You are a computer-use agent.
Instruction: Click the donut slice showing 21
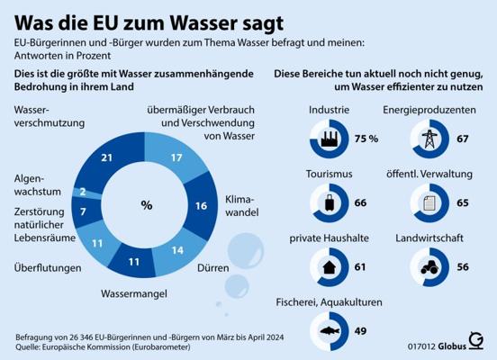click(x=107, y=157)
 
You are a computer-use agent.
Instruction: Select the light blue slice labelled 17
click(x=176, y=157)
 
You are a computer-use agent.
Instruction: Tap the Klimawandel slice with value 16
click(x=201, y=206)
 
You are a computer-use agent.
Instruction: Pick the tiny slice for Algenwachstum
click(x=83, y=192)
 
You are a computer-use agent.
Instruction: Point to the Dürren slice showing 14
click(x=177, y=250)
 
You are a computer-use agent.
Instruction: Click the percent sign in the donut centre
click(x=147, y=205)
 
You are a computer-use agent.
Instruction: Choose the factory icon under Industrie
click(x=330, y=139)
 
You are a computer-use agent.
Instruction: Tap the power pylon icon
click(x=429, y=139)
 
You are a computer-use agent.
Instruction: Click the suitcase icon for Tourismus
click(x=330, y=202)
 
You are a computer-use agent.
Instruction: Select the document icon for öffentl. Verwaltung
click(x=429, y=203)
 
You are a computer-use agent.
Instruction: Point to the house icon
click(x=329, y=267)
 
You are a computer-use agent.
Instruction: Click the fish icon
click(x=330, y=331)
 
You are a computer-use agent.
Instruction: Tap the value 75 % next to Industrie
click(x=366, y=139)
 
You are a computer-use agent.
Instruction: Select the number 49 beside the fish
click(x=360, y=331)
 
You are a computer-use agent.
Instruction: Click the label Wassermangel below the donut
click(x=134, y=293)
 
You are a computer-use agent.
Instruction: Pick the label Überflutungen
click(x=48, y=268)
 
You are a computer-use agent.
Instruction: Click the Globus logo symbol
click(x=476, y=341)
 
